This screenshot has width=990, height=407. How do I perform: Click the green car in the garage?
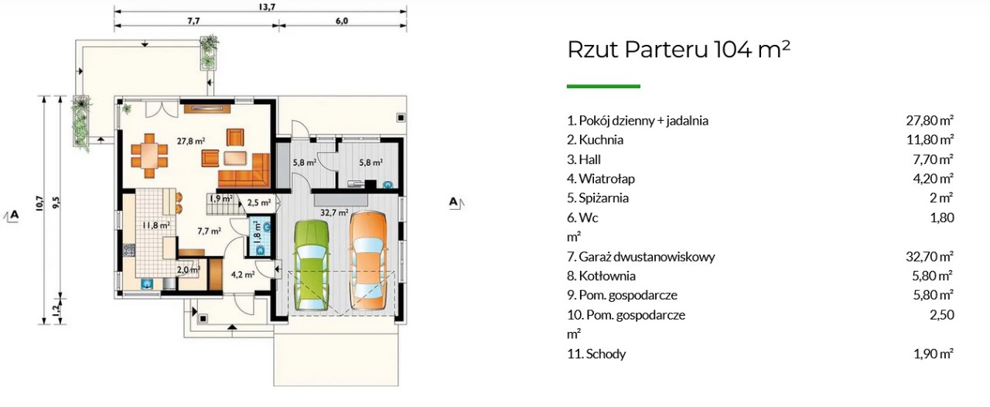coord(312,265)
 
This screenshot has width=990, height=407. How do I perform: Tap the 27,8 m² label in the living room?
coord(191,141)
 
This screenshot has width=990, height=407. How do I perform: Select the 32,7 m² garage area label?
coord(335,212)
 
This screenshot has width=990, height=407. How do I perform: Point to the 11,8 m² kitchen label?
coord(156,225)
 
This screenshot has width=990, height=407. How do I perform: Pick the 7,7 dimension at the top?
coord(193,20)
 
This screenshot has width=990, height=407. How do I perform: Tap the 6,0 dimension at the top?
coord(342,20)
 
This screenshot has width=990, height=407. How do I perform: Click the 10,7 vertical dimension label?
coord(39,204)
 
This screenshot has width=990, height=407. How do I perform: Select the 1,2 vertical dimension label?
coord(56,310)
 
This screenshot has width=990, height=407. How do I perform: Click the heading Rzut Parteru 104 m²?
coord(678,49)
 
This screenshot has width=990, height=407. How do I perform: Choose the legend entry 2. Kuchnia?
coord(596,140)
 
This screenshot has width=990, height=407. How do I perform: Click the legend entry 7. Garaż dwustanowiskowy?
coord(641,257)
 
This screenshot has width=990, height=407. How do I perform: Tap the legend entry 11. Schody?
coord(596,354)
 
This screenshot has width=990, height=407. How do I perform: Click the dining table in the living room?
coord(150,156)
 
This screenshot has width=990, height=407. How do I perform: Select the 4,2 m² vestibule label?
coord(243,274)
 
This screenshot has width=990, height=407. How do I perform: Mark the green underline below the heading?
coord(603,86)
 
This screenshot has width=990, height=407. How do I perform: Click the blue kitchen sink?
coord(147,283)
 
